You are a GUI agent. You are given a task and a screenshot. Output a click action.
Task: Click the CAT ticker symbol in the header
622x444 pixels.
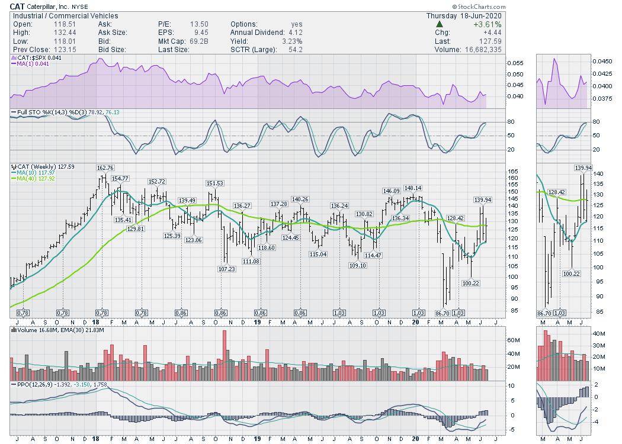[18, 6]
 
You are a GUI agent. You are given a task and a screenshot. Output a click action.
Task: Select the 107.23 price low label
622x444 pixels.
[226, 269]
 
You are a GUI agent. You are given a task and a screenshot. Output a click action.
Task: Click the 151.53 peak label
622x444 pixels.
[214, 183]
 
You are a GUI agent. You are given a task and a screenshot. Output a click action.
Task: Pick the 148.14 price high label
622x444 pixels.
[413, 188]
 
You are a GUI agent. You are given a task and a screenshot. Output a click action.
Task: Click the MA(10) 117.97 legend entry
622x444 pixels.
[37, 172]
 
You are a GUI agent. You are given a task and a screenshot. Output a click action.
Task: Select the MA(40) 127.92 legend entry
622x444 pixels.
[37, 178]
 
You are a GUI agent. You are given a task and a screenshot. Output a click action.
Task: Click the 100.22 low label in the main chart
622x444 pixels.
[470, 283]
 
